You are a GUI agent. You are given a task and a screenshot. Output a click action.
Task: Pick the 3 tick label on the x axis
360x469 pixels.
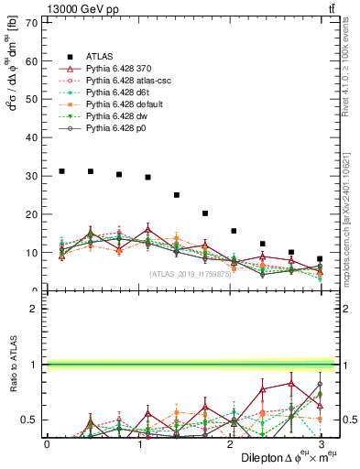pyautogui.click(x=321, y=444)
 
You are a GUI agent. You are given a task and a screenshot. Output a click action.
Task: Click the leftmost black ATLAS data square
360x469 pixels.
pyautogui.click(x=61, y=170)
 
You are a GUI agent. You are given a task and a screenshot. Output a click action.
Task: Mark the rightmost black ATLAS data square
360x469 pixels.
pyautogui.click(x=320, y=259)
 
